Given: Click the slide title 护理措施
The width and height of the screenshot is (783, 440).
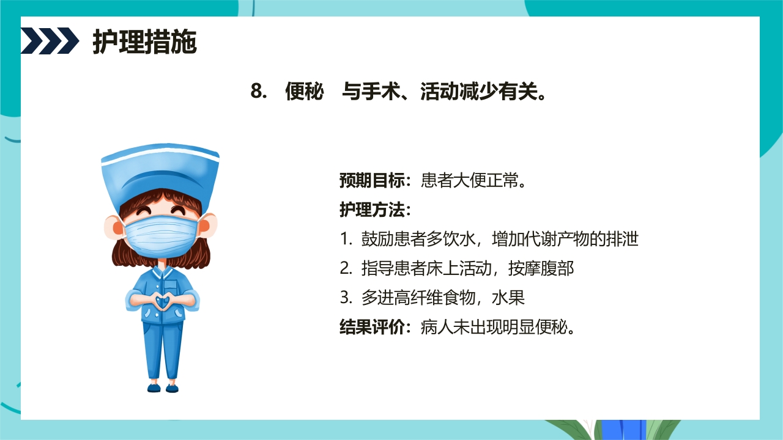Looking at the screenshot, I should point(144,42).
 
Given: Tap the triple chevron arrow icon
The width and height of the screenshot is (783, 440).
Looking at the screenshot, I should point(50,41).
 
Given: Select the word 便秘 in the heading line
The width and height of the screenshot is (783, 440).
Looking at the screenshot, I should point(304,92).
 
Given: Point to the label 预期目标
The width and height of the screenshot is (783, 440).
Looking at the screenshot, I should point(373,181).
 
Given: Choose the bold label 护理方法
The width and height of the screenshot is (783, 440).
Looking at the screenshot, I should point(373,210).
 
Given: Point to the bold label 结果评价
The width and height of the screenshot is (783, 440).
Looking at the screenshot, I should point(373,327).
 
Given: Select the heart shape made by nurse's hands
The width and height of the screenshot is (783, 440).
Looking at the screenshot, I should point(161,301).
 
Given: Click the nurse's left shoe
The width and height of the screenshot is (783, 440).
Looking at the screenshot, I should point(154,387).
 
